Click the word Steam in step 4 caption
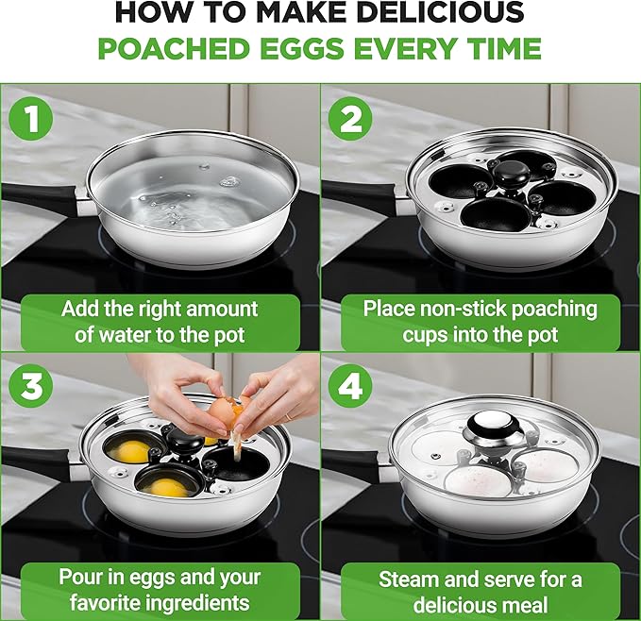407,579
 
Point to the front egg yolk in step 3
167,488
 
